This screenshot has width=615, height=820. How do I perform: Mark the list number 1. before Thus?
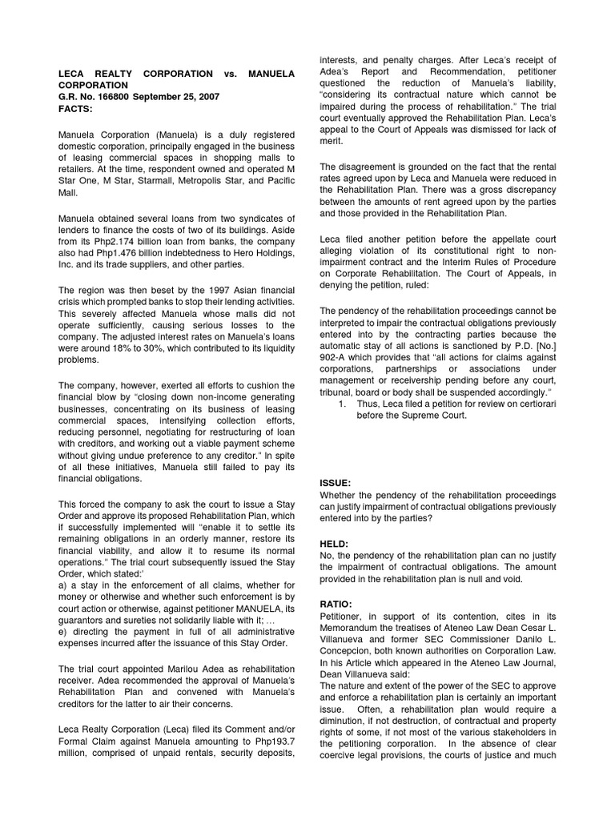point(341,404)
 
